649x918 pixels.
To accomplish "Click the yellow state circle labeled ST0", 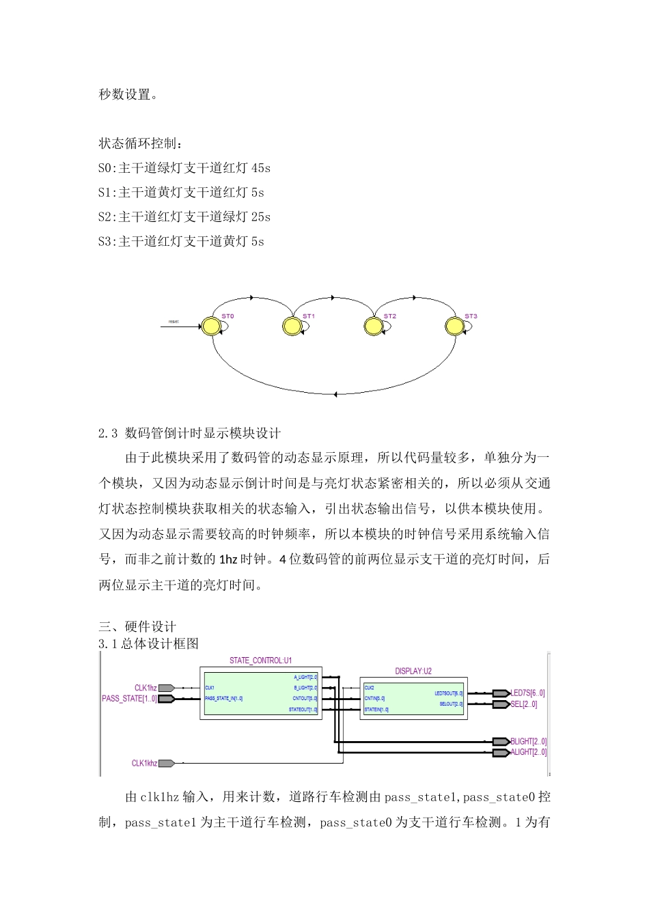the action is tap(212, 326).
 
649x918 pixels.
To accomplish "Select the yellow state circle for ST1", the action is tap(292, 326).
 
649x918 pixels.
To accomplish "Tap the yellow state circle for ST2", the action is tap(373, 326).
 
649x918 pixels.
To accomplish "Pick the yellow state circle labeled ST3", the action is tap(454, 326).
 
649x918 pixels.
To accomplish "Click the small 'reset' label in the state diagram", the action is tap(174, 321).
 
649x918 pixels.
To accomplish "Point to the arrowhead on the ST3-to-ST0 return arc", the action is tap(335, 394).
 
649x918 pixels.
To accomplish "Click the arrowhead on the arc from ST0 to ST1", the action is tap(252, 298).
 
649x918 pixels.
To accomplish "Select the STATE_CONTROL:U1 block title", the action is tap(260, 660).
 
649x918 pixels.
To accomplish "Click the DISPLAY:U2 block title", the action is tap(413, 671).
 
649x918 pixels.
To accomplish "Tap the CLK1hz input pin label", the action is tap(146, 688).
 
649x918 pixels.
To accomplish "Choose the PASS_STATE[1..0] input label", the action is tap(129, 699).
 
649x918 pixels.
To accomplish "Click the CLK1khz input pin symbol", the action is tap(167, 763).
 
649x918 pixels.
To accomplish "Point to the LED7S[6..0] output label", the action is tap(527, 693).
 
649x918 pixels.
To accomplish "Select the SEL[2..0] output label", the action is tap(524, 704).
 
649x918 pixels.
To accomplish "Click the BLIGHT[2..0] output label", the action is tap(528, 741).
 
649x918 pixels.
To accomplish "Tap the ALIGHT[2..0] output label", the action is tap(528, 752).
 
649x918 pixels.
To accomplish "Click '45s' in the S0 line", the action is tap(261, 168).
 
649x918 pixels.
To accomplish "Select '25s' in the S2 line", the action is tap(261, 217).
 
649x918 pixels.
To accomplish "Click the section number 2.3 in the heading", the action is tap(108, 433).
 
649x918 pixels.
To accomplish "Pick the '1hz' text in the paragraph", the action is tap(228, 559).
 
